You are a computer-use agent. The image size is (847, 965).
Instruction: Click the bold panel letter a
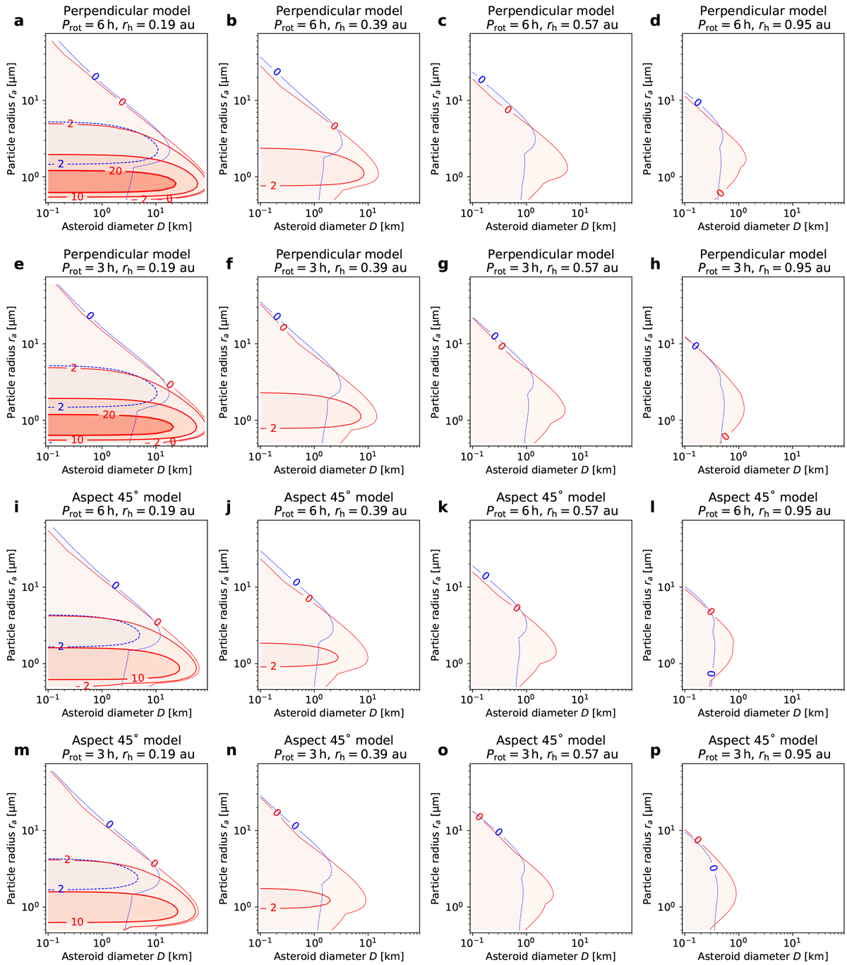tap(18, 20)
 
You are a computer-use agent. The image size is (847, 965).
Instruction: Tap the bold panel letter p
tap(655, 750)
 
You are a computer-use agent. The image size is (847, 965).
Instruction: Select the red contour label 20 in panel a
tap(115, 171)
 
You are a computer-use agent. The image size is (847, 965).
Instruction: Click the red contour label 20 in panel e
tap(109, 415)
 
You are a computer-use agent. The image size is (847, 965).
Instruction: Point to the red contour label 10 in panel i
tap(138, 678)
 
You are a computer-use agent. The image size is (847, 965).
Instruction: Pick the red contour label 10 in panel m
tap(77, 921)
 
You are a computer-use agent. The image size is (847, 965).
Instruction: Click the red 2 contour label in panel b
tap(273, 186)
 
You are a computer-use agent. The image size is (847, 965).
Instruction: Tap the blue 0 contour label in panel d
tap(697, 102)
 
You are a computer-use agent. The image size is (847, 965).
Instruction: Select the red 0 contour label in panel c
tap(507, 110)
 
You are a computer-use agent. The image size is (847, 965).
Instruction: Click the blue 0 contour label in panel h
tap(695, 346)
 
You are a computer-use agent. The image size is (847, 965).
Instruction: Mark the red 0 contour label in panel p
tap(697, 840)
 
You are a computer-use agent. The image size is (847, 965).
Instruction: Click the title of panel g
tap(551, 260)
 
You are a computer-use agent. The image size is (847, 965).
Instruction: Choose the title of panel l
tap(763, 503)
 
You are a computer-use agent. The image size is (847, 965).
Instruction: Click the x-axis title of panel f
tap(339, 469)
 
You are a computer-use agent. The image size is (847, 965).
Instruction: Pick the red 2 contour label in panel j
tap(273, 666)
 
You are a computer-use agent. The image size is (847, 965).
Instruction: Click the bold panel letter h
tap(655, 264)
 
